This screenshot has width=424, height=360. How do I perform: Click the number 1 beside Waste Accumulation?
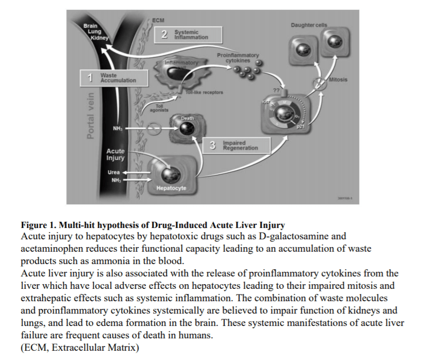[90, 78]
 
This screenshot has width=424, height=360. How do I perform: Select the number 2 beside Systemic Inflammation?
[164, 35]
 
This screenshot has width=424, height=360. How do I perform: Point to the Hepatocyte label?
[172, 188]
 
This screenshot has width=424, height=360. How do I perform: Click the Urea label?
[113, 172]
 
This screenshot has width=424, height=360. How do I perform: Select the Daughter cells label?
[309, 25]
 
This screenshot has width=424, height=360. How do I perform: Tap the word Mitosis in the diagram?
[338, 80]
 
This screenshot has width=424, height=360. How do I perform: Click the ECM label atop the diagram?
[158, 20]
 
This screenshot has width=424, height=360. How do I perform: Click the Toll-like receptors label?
[206, 92]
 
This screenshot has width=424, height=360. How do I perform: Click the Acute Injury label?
[115, 154]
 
